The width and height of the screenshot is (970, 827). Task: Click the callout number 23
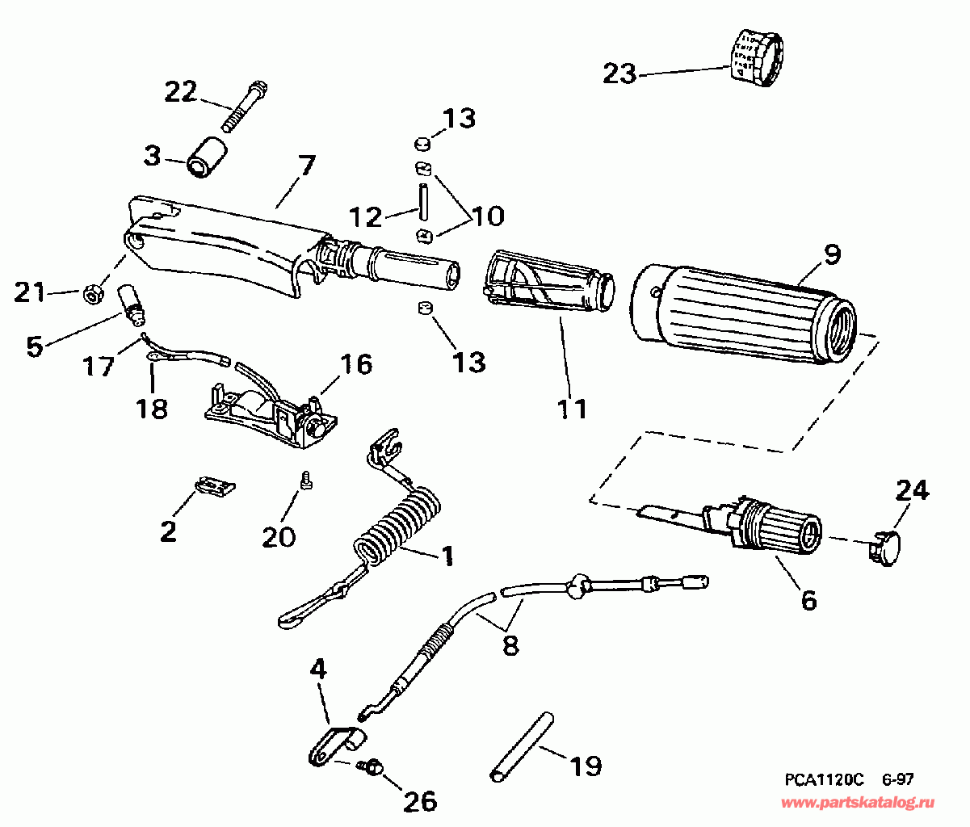[619, 73]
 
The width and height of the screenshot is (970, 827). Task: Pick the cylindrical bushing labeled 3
[207, 157]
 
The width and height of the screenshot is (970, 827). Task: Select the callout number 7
[305, 168]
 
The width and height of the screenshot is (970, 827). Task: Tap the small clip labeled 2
[216, 485]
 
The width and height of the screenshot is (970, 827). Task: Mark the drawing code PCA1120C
[824, 779]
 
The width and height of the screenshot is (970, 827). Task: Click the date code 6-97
[897, 779]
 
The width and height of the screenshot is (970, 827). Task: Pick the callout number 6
[808, 600]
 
